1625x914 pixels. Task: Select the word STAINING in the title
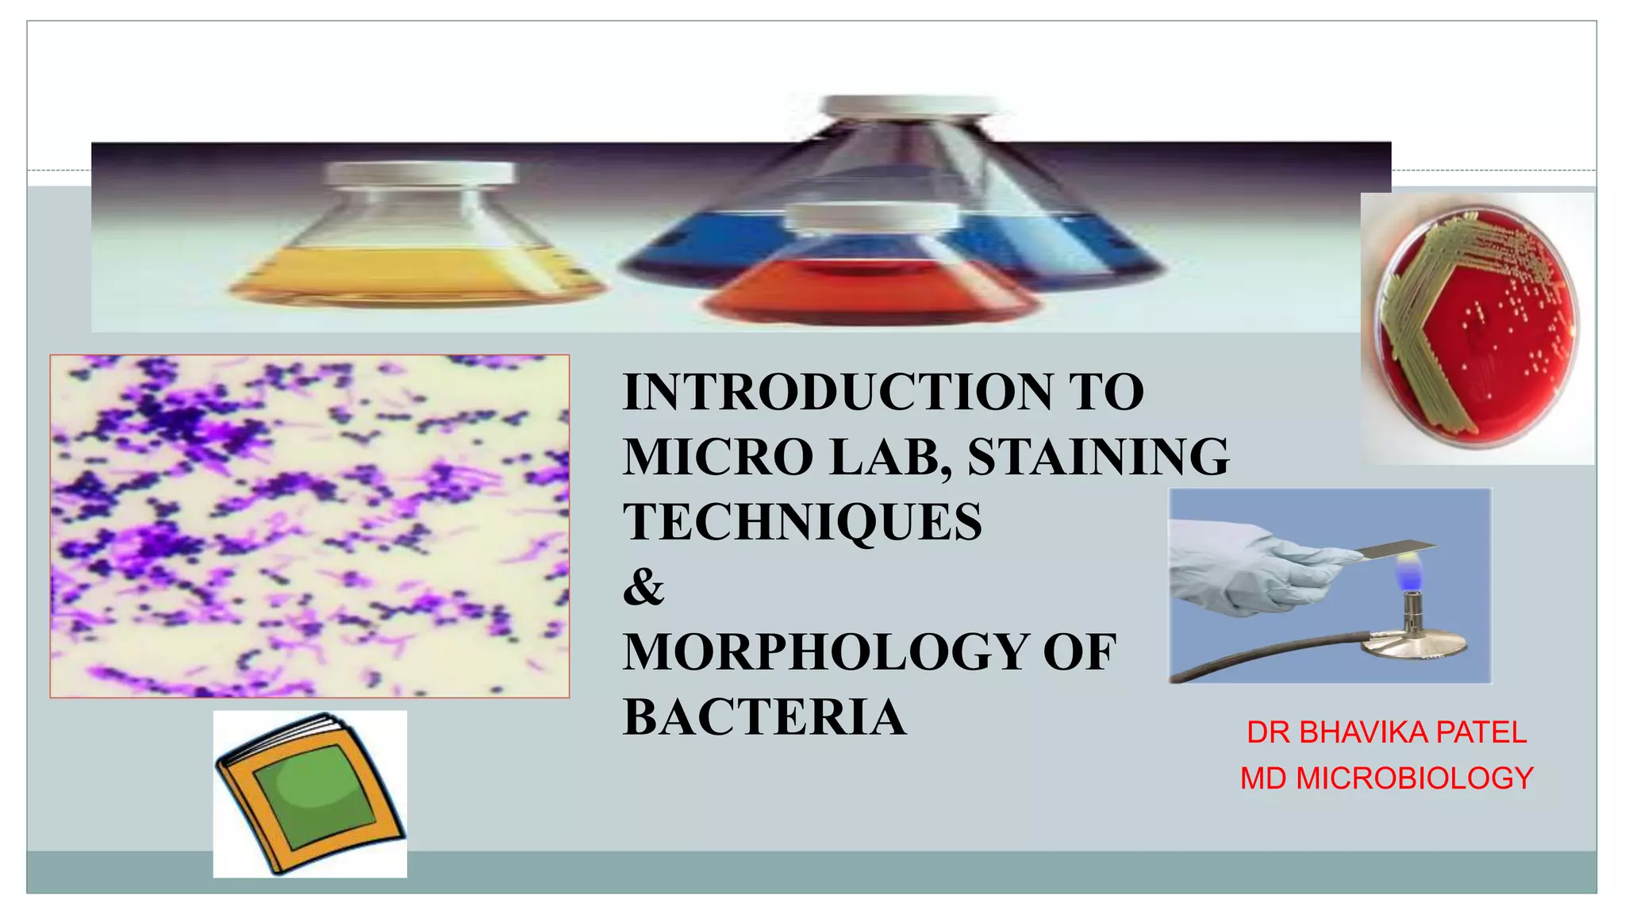point(1098,457)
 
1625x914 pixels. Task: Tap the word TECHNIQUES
point(802,522)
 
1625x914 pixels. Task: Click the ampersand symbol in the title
point(643,587)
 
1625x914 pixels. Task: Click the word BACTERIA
point(764,717)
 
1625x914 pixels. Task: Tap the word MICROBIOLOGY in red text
point(1414,778)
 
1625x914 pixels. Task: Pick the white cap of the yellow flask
point(420,172)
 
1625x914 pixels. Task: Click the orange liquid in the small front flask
point(869,294)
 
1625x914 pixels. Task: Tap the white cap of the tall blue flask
point(908,106)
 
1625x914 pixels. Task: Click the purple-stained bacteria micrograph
point(309,526)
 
